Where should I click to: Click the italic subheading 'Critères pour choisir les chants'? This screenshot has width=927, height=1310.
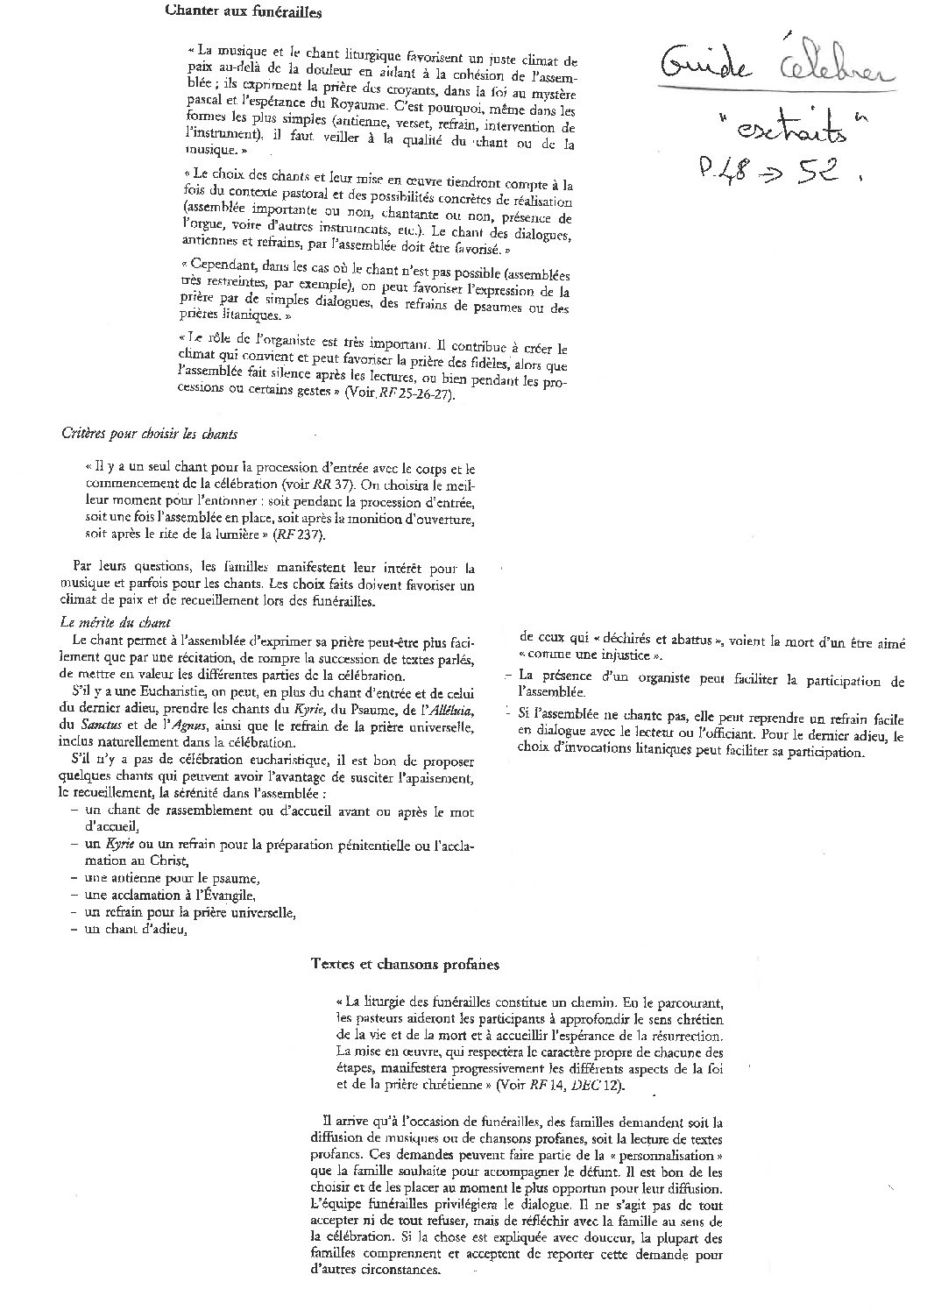[149, 434]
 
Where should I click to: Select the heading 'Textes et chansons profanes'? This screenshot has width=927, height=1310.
[405, 964]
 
